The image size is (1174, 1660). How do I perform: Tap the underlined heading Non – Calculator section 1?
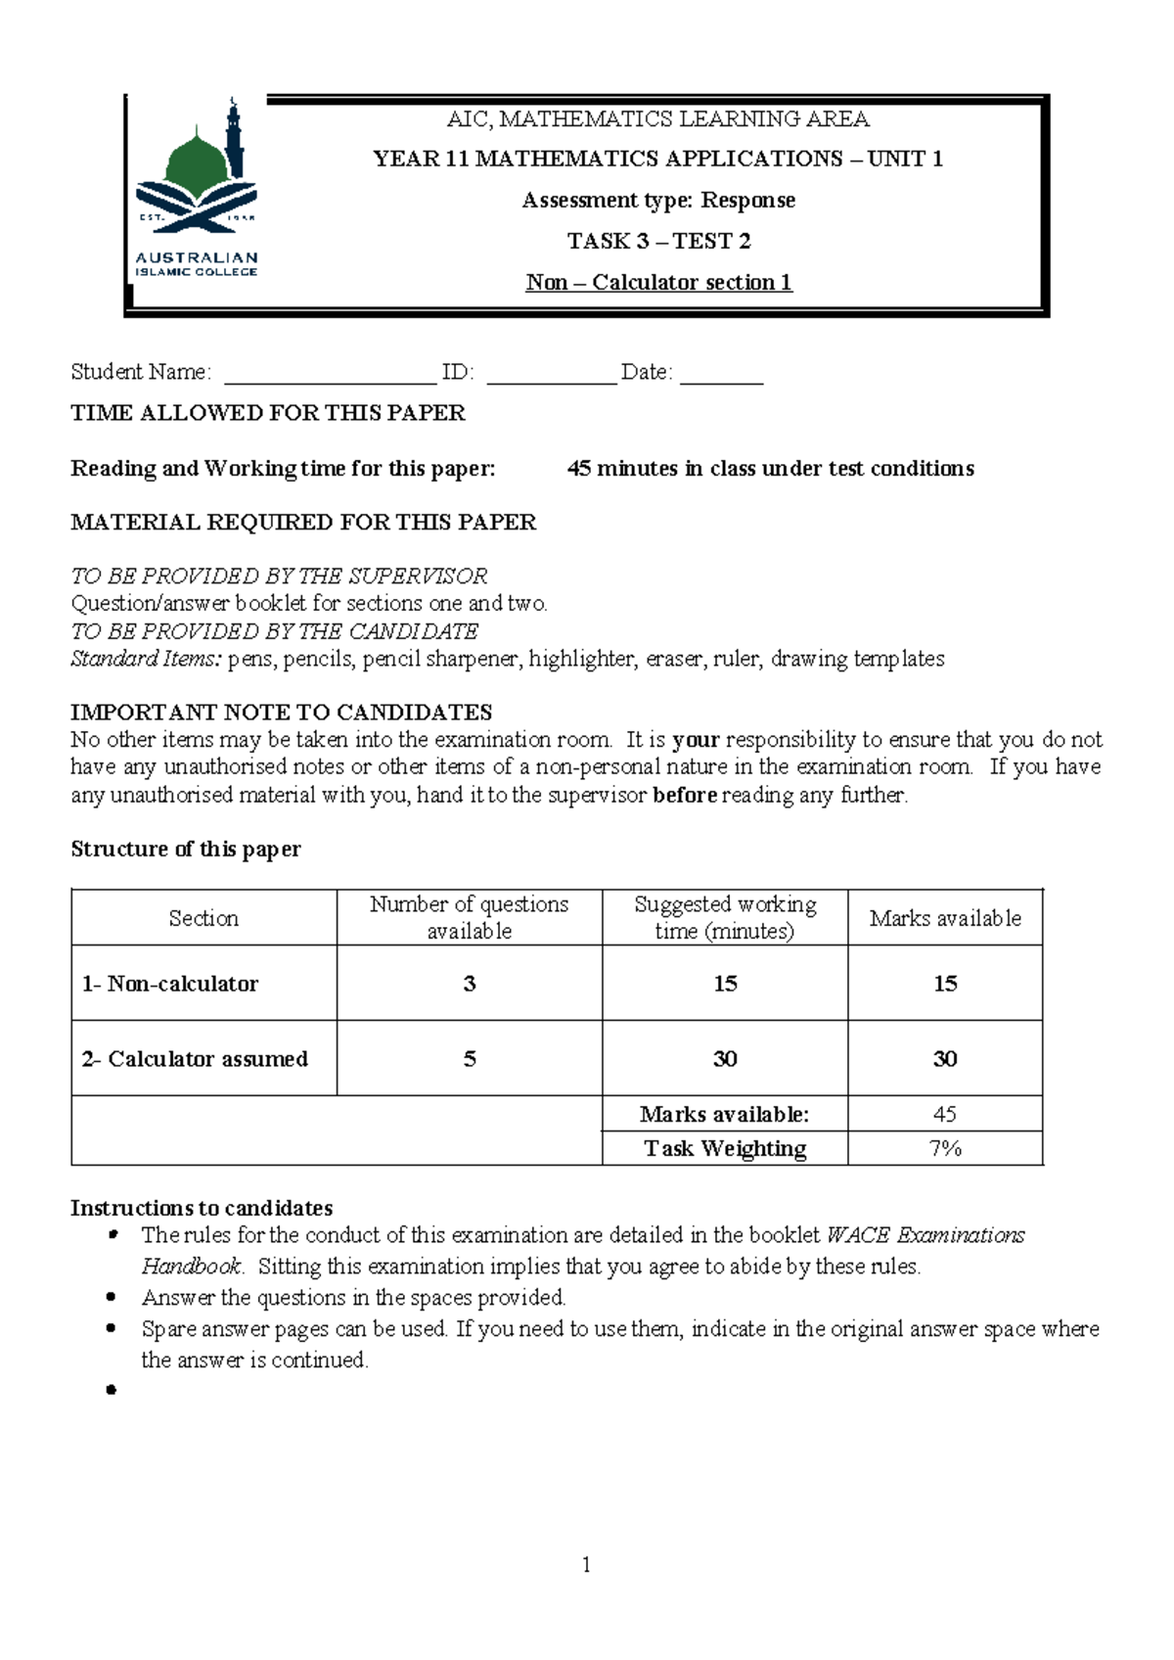(x=658, y=283)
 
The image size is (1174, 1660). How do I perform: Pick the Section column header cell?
(x=203, y=918)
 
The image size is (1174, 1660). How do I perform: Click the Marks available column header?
(x=944, y=918)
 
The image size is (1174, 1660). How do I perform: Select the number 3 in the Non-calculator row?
(x=470, y=984)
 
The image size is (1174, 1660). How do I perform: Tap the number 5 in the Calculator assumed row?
(x=470, y=1059)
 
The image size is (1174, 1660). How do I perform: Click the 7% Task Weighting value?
(x=944, y=1149)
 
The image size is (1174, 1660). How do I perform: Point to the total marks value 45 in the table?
(x=944, y=1114)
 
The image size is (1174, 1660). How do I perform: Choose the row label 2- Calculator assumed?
(x=195, y=1059)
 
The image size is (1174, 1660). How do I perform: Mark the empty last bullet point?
(x=112, y=1390)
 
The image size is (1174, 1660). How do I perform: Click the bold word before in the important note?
(x=685, y=795)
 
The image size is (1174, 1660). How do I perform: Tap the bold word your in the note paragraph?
(x=696, y=740)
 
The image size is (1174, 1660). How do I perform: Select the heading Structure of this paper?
(x=186, y=850)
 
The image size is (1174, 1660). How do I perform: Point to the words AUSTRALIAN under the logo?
(x=196, y=257)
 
